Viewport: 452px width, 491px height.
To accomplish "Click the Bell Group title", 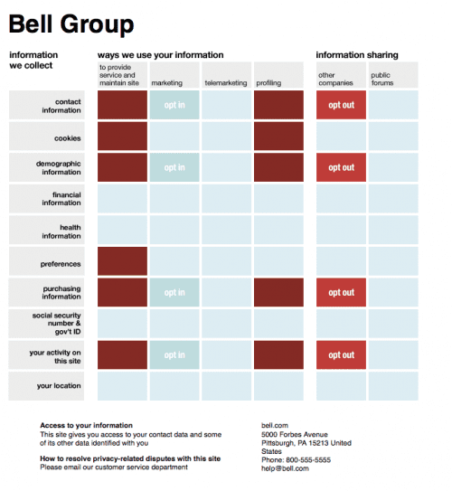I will click(71, 24).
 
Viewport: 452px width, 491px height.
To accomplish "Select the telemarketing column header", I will click(226, 82).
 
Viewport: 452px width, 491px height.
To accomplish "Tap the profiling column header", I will click(268, 82).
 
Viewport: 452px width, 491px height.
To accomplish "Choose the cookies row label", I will click(67, 138).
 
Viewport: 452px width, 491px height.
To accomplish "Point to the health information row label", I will click(61, 231).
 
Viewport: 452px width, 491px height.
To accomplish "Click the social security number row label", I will click(57, 323).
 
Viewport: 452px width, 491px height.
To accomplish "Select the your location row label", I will click(59, 386).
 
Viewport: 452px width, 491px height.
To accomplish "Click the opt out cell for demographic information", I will click(341, 167).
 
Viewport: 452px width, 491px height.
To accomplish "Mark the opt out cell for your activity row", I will click(341, 355).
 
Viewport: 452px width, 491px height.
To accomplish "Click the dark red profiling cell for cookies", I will click(278, 137).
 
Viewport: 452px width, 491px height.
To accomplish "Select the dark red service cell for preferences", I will click(122, 261).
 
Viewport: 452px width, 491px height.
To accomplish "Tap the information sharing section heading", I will click(355, 55).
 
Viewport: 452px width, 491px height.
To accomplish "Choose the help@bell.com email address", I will click(285, 468).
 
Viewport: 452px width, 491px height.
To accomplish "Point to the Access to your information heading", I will click(86, 425).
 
